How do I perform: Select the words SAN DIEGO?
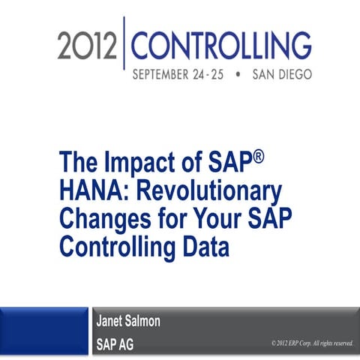pyautogui.click(x=281, y=76)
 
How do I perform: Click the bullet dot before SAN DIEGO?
pyautogui.click(x=238, y=76)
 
